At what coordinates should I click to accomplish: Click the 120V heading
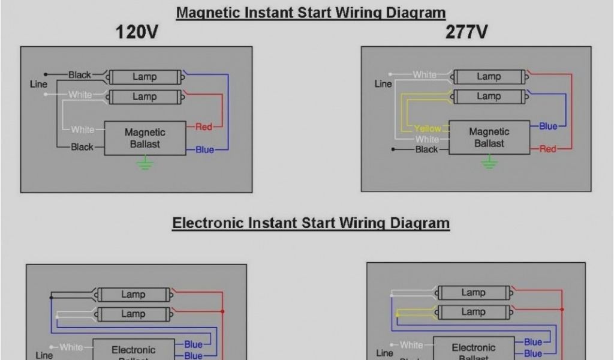click(137, 32)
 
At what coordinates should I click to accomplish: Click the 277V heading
click(466, 32)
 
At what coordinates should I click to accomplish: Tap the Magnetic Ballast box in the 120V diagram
click(145, 138)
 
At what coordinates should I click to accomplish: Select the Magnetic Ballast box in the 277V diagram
click(489, 137)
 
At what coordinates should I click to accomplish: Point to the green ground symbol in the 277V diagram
click(489, 161)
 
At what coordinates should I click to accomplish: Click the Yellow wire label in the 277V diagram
click(428, 128)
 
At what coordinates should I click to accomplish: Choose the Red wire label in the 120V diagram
click(204, 127)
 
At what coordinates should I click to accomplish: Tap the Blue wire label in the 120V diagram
click(204, 149)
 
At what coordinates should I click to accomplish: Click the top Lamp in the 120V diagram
click(145, 77)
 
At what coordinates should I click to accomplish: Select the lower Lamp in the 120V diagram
click(145, 97)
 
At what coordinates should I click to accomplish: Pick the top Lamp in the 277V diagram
click(489, 77)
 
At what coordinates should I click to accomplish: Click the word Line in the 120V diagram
click(38, 85)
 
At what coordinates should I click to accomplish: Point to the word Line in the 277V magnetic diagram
click(383, 84)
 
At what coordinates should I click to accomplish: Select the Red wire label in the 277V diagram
click(547, 149)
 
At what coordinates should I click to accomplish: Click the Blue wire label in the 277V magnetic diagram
click(548, 126)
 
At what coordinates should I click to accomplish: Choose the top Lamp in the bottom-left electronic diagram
click(133, 295)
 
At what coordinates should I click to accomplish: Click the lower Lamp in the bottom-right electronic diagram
click(473, 312)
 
